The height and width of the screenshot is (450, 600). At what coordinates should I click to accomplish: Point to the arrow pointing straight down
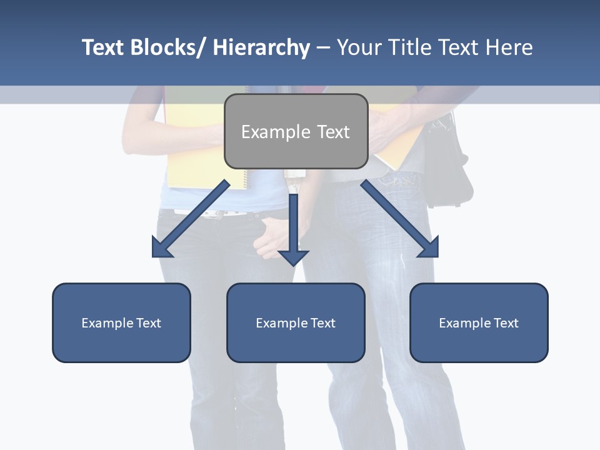pyautogui.click(x=294, y=231)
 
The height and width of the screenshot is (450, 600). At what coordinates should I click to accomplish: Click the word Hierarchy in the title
pyautogui.click(x=261, y=47)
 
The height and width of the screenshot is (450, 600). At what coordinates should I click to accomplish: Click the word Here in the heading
pyautogui.click(x=509, y=47)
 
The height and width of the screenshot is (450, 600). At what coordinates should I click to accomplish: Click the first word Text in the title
pyautogui.click(x=103, y=47)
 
